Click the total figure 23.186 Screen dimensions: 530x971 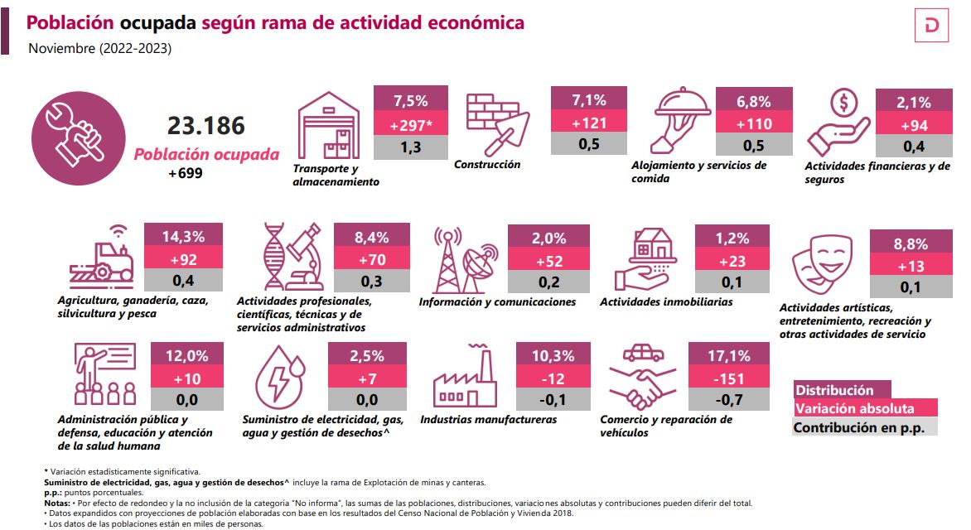coord(206,126)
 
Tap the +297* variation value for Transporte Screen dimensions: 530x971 coord(410,124)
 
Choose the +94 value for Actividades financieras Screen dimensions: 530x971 coord(914,125)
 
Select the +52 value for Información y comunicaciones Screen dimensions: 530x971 coord(548,260)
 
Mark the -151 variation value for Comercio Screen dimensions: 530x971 coord(730,378)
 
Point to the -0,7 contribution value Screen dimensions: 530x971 coord(730,401)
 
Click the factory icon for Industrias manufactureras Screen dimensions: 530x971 coord(464,379)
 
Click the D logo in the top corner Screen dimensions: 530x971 coord(935,28)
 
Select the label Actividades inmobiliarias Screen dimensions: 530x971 coord(666,302)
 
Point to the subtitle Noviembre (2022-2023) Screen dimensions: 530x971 coord(99,49)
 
